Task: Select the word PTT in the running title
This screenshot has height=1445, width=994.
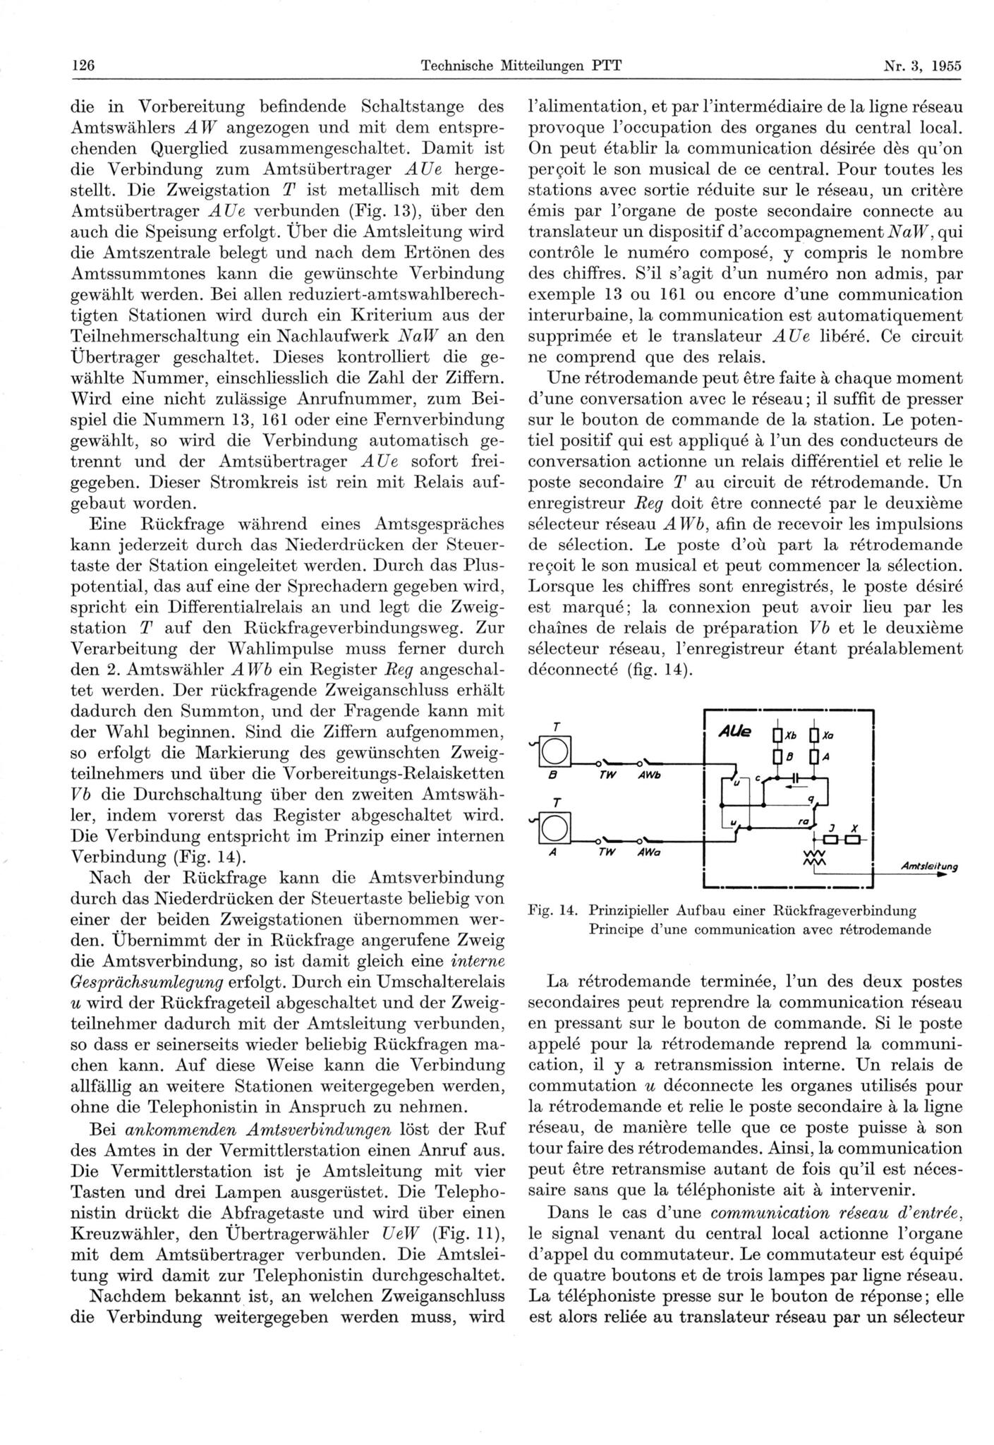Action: [x=607, y=66]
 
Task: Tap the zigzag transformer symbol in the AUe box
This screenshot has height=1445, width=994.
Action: [x=815, y=858]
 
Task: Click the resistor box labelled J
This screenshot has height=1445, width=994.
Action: [x=830, y=840]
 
